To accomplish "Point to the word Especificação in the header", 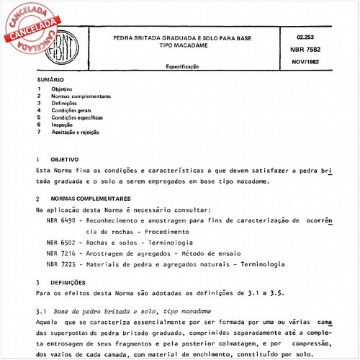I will coord(183,67).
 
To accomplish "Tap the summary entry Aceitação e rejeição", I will coord(75,132).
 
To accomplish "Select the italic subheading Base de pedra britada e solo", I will coord(108,310).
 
